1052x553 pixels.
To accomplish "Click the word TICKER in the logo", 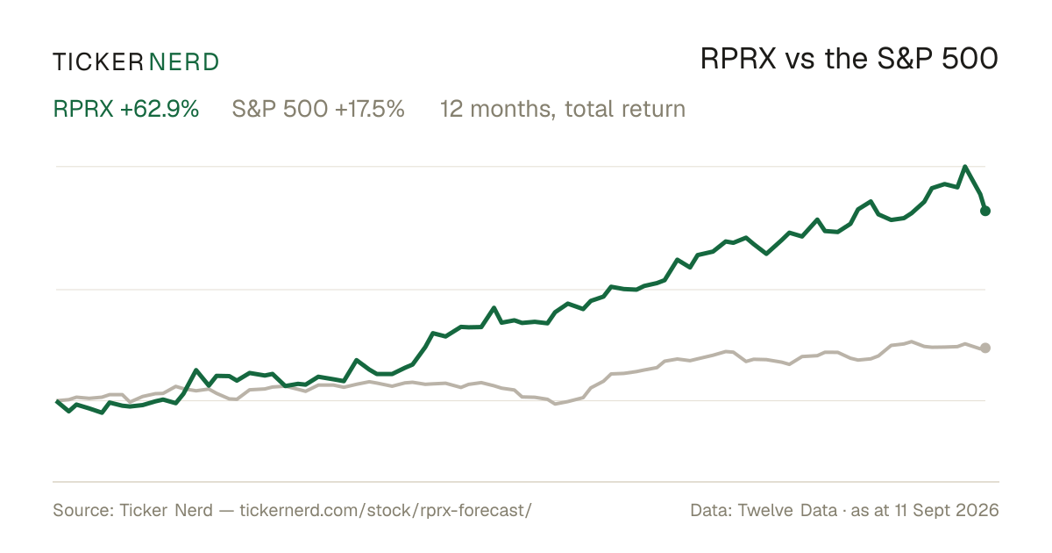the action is [98, 62].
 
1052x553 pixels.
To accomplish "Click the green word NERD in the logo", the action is [184, 62].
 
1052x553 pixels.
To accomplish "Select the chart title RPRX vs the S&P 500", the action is [849, 59].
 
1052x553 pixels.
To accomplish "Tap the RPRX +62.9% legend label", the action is [126, 109].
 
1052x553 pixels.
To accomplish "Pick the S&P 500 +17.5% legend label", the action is [318, 109].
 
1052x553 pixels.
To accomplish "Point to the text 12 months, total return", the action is [563, 109].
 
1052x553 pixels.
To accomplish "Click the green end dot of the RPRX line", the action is [985, 212].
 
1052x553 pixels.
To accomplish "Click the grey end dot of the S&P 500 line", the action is [985, 348].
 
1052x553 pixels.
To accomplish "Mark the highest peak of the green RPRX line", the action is [965, 167].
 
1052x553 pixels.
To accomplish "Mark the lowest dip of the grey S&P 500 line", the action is [556, 404].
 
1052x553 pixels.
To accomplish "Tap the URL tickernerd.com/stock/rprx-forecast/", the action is [386, 510].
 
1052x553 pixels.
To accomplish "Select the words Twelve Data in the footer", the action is [787, 510].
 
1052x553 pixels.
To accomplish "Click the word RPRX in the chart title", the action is [738, 59].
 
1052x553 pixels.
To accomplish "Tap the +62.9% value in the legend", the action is [160, 109].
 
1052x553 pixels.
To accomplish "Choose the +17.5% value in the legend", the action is [370, 109].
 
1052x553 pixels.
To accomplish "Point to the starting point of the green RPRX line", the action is [57, 401].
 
